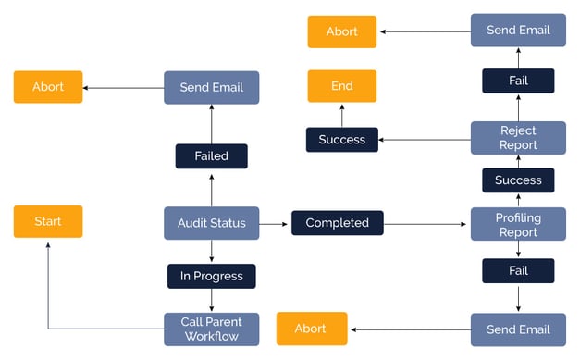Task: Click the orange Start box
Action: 48,222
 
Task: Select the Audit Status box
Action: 211,223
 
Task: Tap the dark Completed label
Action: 337,223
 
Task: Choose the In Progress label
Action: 211,276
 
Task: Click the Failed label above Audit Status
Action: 211,156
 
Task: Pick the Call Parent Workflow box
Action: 211,329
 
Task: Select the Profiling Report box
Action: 518,224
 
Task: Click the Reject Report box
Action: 518,138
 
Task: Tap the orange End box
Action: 342,86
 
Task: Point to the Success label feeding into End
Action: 342,140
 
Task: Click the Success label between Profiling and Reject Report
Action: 518,180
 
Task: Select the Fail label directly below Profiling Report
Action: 518,270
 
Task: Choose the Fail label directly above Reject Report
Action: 518,81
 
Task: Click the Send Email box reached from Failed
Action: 211,87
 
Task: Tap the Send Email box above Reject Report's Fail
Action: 518,31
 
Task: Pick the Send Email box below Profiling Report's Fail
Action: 518,329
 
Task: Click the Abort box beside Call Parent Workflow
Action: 311,329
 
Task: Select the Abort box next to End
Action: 342,31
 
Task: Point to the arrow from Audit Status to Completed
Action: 275,223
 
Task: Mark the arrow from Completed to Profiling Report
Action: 426,223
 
